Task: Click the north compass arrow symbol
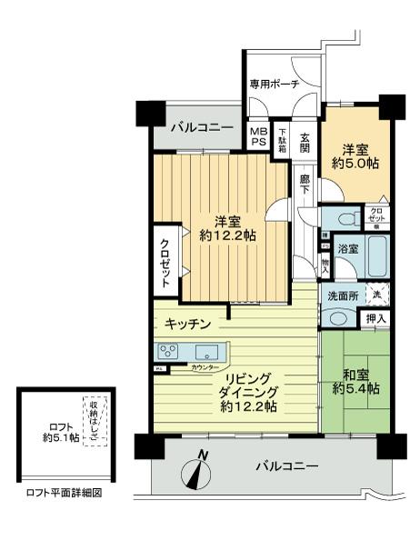(198, 469)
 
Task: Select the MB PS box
(258, 136)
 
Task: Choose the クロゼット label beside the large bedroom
(165, 263)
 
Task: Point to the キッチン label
(188, 325)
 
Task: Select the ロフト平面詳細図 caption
(65, 495)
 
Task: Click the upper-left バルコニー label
(201, 126)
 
